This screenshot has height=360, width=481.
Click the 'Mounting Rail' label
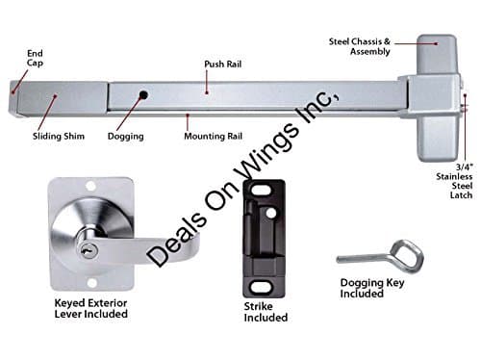tap(210, 136)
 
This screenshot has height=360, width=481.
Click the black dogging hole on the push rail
tap(142, 95)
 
